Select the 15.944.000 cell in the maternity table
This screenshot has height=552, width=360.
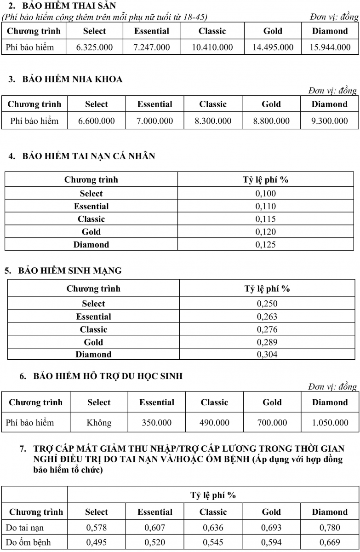point(330,47)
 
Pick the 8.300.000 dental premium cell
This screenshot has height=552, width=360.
point(213,121)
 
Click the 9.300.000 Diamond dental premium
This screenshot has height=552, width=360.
point(329,121)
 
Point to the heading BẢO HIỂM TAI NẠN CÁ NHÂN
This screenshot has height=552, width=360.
point(88,156)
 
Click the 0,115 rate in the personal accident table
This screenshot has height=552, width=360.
point(266,219)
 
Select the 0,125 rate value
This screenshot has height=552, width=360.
point(266,245)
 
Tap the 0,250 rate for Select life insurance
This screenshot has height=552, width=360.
point(267,304)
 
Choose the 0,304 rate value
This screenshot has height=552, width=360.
point(267,354)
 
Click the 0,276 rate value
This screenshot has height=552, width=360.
point(267,329)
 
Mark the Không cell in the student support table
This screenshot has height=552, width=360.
point(99,423)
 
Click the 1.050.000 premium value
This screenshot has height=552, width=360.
point(330,423)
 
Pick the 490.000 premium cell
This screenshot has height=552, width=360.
point(214,423)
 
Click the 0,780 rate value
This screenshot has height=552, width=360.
point(330,528)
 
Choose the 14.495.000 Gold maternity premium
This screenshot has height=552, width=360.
point(273,47)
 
